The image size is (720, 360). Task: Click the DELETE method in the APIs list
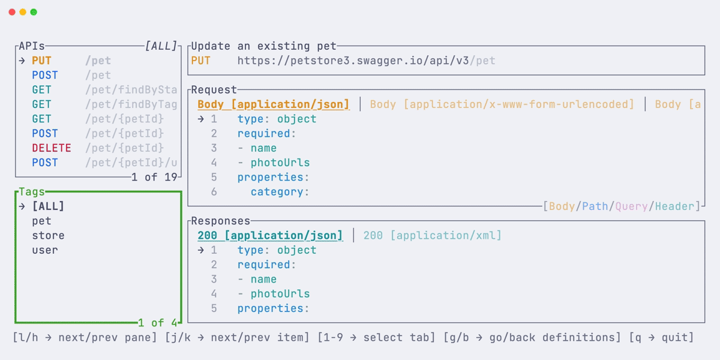pyautogui.click(x=52, y=148)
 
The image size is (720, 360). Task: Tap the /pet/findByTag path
pyautogui.click(x=131, y=104)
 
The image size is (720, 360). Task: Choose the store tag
pyautogui.click(x=48, y=236)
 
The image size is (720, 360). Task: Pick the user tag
pyautogui.click(x=45, y=250)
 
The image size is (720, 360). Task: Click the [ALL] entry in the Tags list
pyautogui.click(x=48, y=206)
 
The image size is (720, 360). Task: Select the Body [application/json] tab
pyautogui.click(x=273, y=104)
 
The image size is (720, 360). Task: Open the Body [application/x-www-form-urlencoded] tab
pyautogui.click(x=502, y=104)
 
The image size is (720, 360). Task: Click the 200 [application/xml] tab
pyautogui.click(x=432, y=236)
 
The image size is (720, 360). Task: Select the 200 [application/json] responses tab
pyautogui.click(x=270, y=236)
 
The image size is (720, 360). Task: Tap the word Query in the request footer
pyautogui.click(x=631, y=206)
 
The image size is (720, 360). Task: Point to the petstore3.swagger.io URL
pyautogui.click(x=366, y=61)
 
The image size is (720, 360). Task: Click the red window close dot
pyautogui.click(x=12, y=12)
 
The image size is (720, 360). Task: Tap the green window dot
pyautogui.click(x=34, y=12)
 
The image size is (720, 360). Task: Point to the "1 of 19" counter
pyautogui.click(x=155, y=177)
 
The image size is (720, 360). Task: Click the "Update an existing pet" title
pyautogui.click(x=264, y=46)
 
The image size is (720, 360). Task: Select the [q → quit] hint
pyautogui.click(x=661, y=338)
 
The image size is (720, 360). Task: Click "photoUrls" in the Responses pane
pyautogui.click(x=280, y=294)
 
